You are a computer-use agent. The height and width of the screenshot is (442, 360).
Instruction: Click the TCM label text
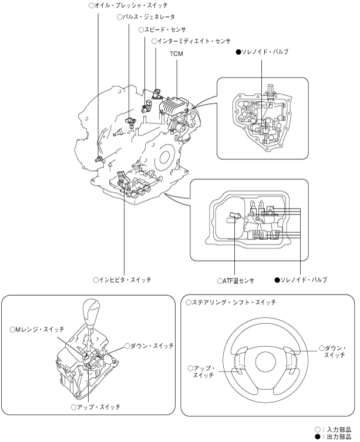[176, 53]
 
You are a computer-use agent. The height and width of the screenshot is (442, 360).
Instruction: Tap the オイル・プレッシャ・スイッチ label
[128, 5]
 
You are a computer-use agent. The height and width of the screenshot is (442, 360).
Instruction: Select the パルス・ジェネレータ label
[146, 17]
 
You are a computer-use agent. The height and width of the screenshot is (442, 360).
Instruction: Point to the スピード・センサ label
[162, 29]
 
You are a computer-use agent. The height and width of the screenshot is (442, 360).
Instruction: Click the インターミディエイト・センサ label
[191, 41]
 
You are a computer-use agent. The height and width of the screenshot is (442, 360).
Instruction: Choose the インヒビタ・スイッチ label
[122, 280]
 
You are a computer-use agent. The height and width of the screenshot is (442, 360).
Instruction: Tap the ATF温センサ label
[235, 281]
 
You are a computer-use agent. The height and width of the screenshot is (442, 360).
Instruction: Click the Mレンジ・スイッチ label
[37, 329]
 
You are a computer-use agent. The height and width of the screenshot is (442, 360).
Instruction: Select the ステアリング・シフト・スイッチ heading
[231, 303]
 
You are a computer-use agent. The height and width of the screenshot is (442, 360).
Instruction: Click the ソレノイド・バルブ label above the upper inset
[263, 52]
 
